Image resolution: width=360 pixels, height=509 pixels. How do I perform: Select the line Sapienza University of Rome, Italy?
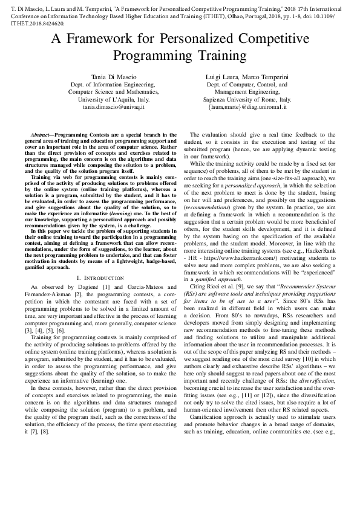[247, 99]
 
